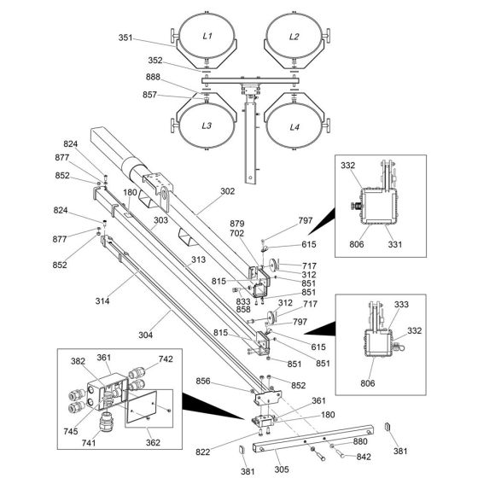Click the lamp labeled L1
pos(207,36)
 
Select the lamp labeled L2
pos(294,36)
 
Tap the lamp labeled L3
pos(207,125)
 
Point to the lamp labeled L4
pos(294,126)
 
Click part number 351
pos(125,38)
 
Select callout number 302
pos(227,191)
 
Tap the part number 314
pos(102,300)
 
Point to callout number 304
pos(145,335)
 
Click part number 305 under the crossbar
pos(282,469)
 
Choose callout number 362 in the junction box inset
pos(153,442)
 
